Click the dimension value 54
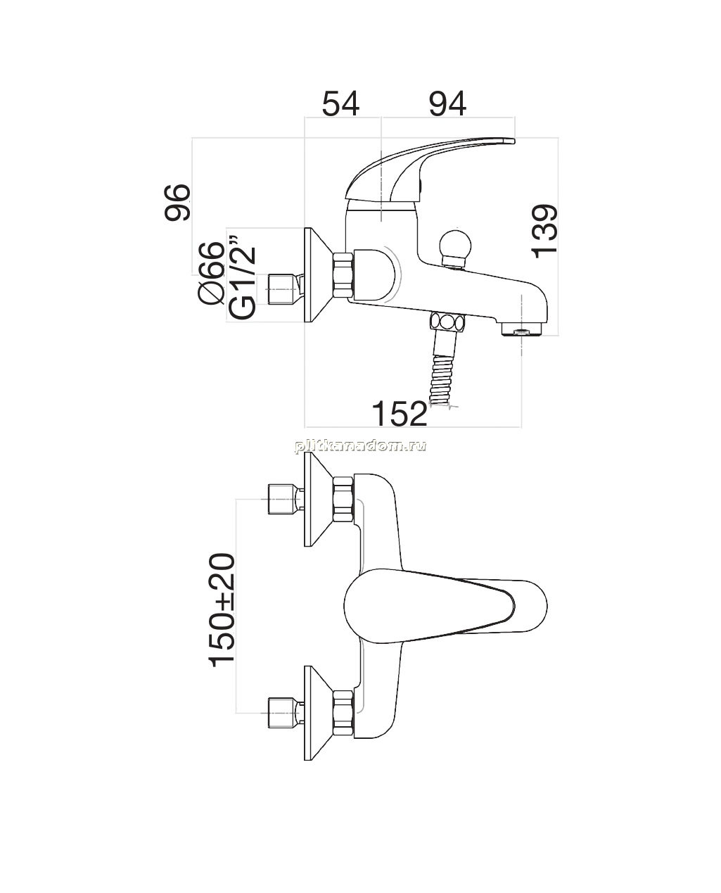[x=340, y=103]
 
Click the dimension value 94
[x=447, y=103]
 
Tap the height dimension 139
[x=544, y=231]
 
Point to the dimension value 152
[x=400, y=413]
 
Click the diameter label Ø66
[x=211, y=273]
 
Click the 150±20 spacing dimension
[x=222, y=616]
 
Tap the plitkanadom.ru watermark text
[x=360, y=445]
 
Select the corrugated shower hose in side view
[x=442, y=380]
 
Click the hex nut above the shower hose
[x=447, y=323]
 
